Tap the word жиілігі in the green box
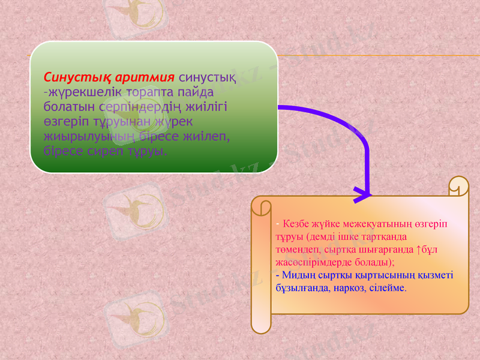click(210, 106)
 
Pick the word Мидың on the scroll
click(298, 275)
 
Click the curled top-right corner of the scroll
click(459, 185)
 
